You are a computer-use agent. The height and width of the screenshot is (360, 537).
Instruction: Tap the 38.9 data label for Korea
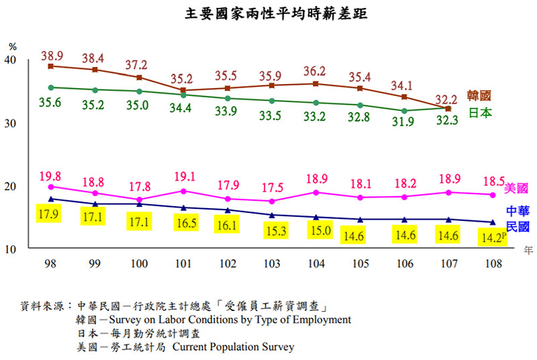click(x=52, y=54)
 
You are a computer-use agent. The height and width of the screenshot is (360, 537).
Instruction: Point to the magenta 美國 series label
click(x=516, y=188)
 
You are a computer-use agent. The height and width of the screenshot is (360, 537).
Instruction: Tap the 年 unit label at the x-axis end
click(x=528, y=250)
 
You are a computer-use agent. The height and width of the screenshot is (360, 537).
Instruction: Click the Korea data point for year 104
click(x=316, y=83)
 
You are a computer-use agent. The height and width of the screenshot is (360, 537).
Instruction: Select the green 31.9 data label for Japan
click(x=404, y=122)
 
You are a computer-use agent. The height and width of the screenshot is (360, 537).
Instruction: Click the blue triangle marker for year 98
click(x=52, y=199)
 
